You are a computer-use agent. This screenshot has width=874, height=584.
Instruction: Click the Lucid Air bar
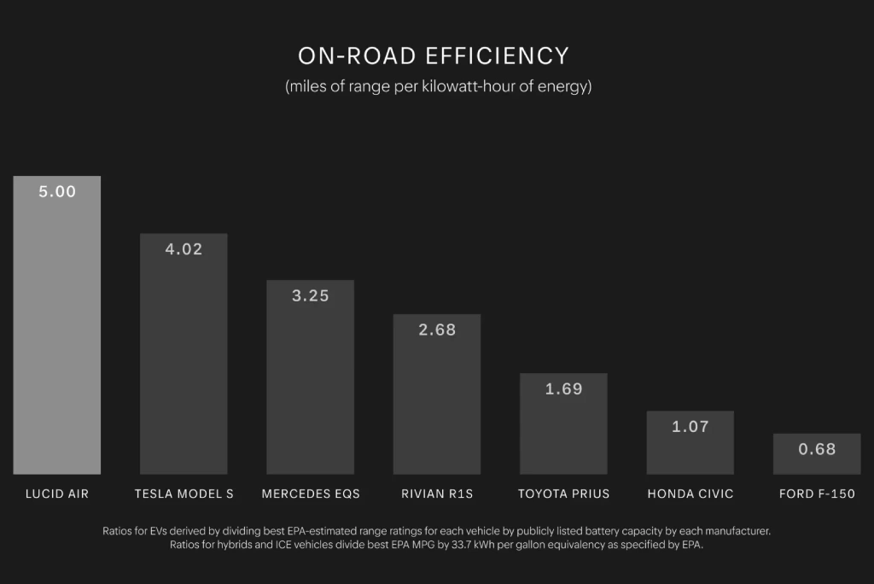click(56, 342)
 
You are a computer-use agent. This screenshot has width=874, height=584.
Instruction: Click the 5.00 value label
click(57, 192)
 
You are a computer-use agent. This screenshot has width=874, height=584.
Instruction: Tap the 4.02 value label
click(184, 249)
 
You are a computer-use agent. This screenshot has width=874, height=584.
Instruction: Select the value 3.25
click(310, 296)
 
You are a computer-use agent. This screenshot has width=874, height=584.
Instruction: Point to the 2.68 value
click(437, 330)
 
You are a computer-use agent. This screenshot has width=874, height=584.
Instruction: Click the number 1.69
click(563, 389)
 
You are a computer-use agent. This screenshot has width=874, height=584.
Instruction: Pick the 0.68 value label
click(817, 449)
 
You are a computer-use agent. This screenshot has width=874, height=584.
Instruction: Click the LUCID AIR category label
click(57, 493)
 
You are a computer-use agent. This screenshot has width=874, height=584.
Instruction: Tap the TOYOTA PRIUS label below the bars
click(563, 493)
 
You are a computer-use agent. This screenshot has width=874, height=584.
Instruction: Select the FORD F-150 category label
click(817, 493)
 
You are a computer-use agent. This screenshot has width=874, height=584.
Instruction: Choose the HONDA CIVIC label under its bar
click(690, 493)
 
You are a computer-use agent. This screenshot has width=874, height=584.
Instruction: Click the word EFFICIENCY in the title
click(496, 56)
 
